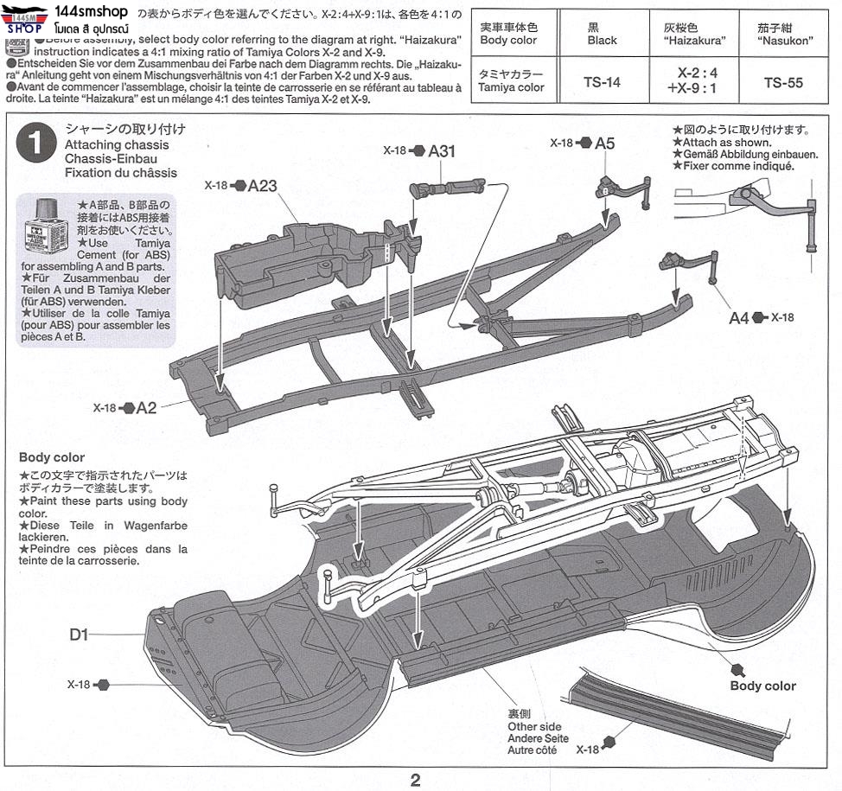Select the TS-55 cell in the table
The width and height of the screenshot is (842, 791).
pos(783,83)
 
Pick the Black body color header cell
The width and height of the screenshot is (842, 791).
pos(602,35)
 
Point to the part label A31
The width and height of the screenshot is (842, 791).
pos(442,151)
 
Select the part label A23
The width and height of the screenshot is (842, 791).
pos(262,185)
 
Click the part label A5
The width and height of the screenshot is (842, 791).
pos(604,143)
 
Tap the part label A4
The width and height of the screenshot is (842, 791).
pos(738,318)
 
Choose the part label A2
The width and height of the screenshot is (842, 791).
pos(146,408)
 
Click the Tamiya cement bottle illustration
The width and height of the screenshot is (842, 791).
pos(46,226)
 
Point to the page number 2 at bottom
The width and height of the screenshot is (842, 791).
pos(415,781)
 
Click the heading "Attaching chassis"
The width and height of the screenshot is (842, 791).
pos(111,145)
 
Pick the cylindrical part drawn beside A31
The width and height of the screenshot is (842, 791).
pos(450,188)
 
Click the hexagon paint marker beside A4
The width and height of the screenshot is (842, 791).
pos(759,318)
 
